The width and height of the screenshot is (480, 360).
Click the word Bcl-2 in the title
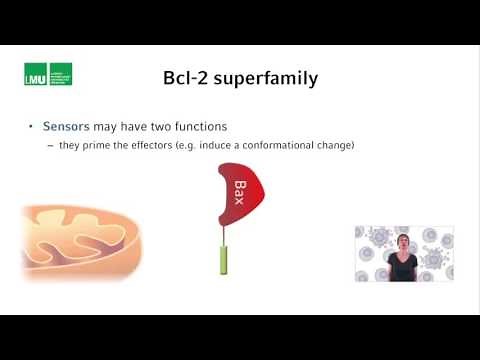(x=188, y=77)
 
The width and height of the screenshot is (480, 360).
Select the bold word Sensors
(x=66, y=127)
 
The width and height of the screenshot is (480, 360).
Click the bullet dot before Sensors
(x=31, y=127)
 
